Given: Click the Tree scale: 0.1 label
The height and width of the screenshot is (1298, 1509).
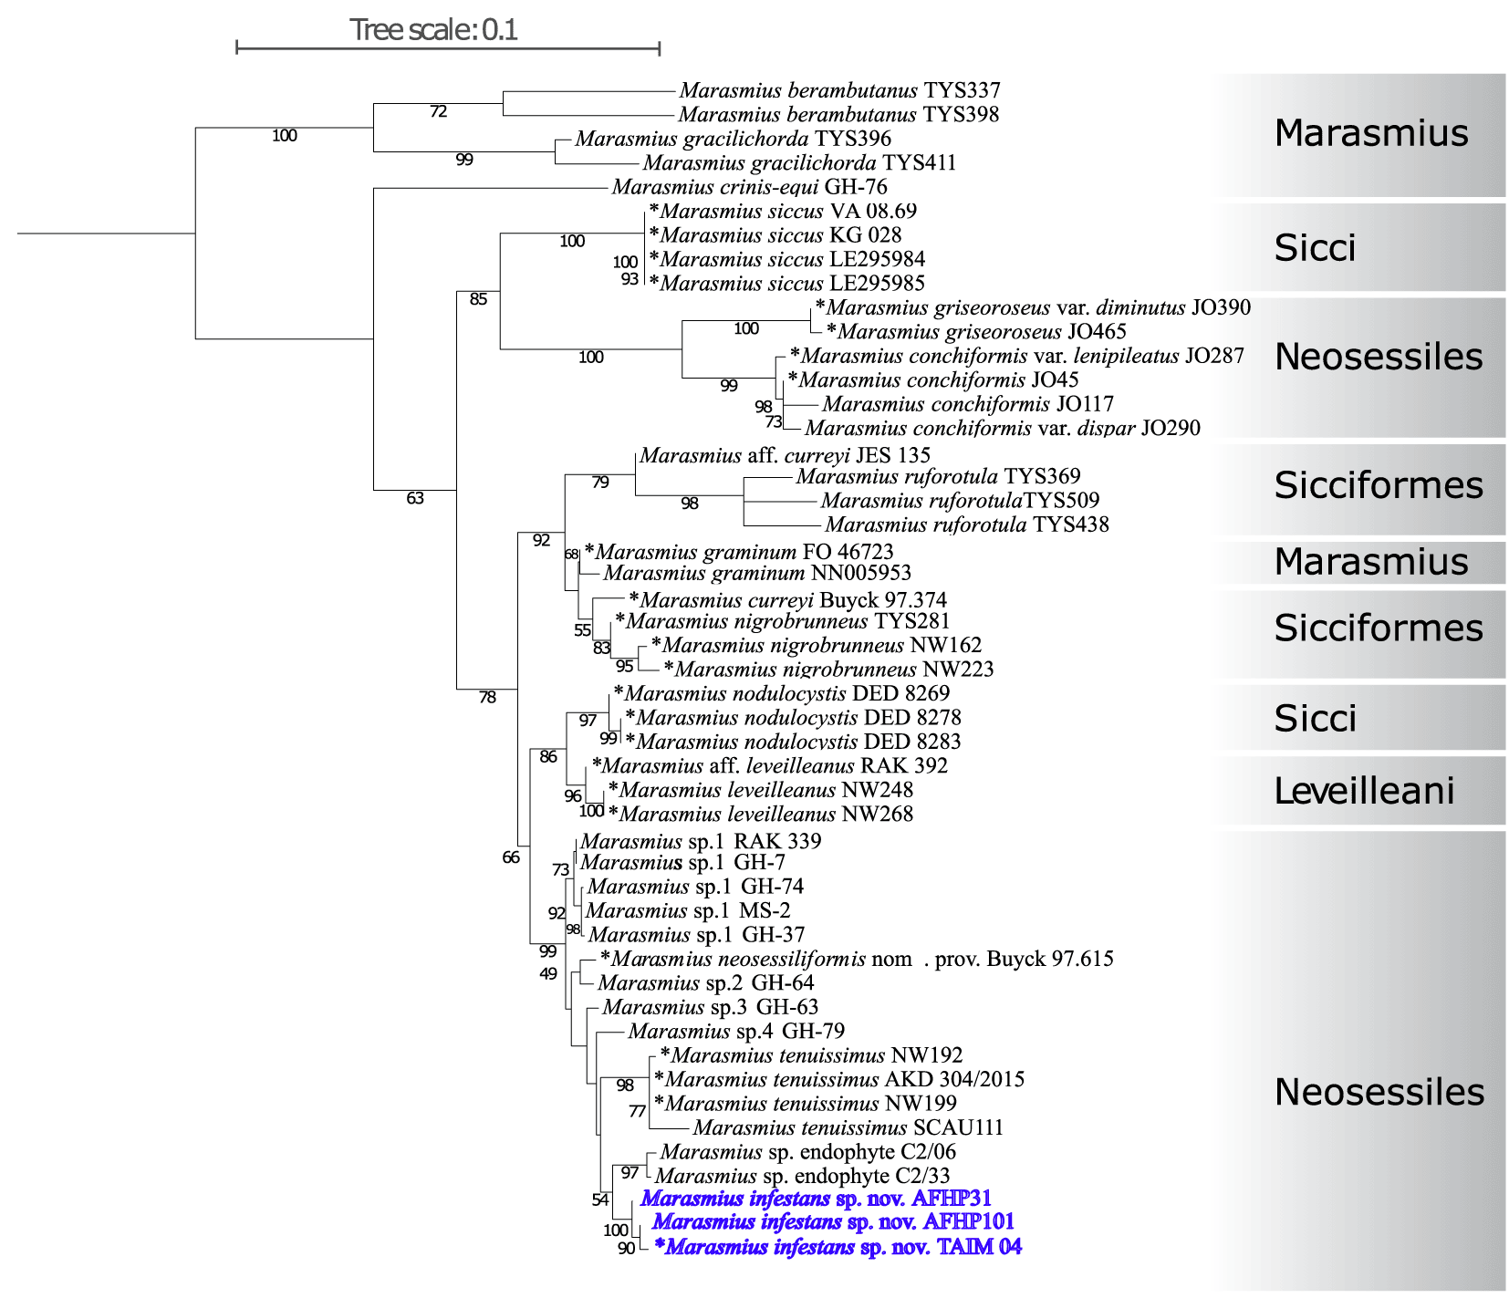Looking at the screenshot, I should [x=433, y=30].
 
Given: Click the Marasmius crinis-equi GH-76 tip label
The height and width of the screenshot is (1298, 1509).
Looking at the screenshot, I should [x=749, y=187].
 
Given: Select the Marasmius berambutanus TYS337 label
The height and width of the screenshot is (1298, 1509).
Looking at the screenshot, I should [x=839, y=90].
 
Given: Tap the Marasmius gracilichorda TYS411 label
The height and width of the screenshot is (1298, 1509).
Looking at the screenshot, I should [x=799, y=163].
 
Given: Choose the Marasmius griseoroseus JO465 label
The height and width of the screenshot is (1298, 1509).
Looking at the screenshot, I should [x=976, y=332].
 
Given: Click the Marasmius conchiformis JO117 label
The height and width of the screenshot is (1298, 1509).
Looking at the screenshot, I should [x=968, y=404].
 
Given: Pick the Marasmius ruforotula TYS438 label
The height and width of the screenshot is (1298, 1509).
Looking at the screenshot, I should [x=967, y=524].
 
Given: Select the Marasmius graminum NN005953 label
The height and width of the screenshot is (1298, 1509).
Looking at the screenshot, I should [x=757, y=573].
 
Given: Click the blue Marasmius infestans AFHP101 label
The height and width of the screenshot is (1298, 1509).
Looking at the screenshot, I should [x=833, y=1222].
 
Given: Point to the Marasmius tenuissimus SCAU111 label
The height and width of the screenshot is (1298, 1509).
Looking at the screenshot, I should [x=848, y=1127].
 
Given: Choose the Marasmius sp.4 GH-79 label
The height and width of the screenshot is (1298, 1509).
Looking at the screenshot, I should [x=736, y=1032].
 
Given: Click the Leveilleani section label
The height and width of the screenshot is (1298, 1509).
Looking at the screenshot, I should [x=1363, y=791].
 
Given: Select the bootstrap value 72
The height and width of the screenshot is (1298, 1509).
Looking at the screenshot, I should [x=438, y=112].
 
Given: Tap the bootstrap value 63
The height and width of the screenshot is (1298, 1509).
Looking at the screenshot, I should [x=415, y=498].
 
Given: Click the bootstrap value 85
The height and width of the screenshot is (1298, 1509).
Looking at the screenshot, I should [x=478, y=299].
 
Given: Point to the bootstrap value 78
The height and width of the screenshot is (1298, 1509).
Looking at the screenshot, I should [x=487, y=698].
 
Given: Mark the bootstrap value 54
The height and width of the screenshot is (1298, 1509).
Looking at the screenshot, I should [x=599, y=1200].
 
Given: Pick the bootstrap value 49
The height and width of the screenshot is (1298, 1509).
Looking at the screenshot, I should [x=547, y=974].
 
